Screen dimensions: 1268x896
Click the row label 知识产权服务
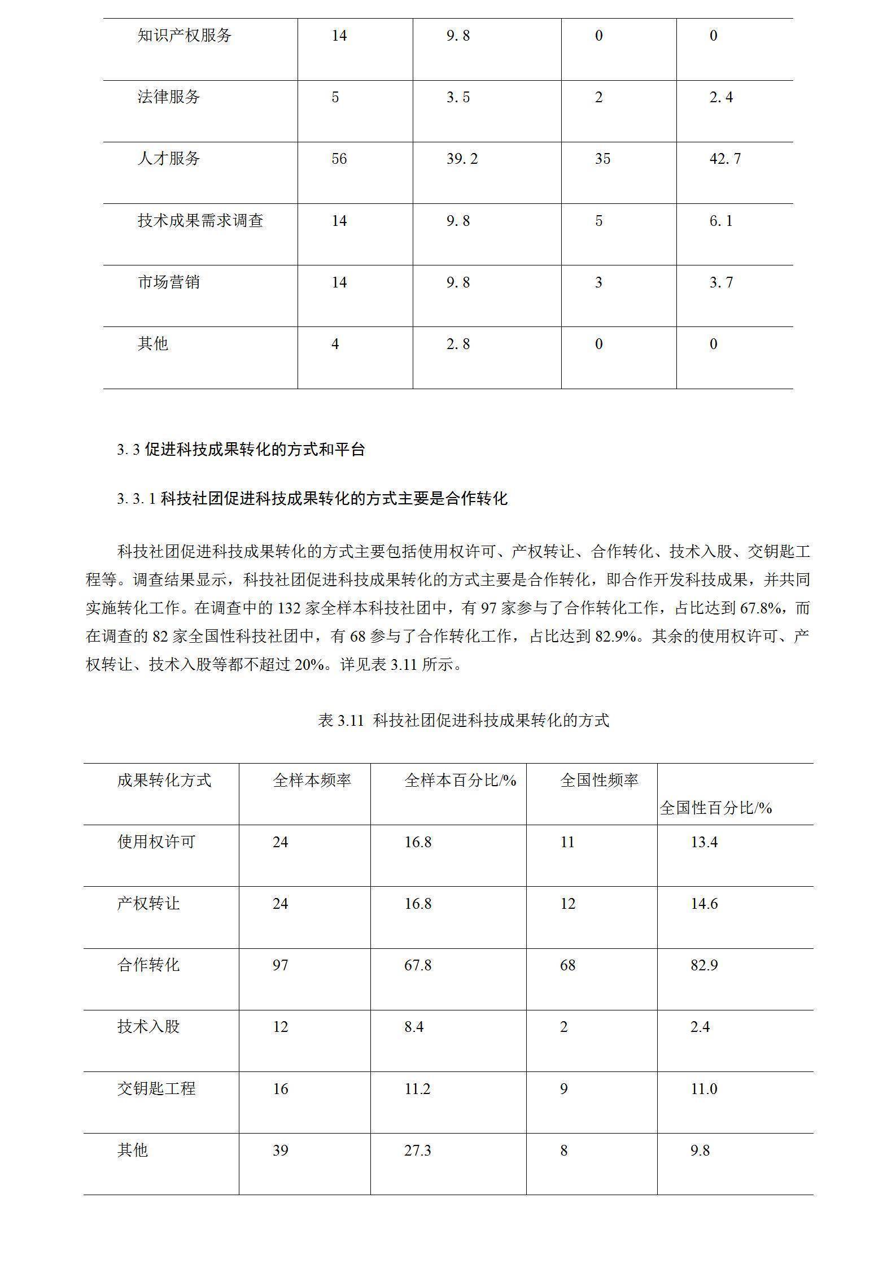(185, 36)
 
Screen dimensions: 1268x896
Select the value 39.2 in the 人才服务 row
(462, 159)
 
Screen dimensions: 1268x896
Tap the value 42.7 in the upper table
(725, 159)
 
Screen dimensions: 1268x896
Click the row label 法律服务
(169, 97)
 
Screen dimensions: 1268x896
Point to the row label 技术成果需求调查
(200, 220)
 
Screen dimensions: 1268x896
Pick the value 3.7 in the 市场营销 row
(721, 282)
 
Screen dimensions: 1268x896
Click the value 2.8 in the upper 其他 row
(458, 344)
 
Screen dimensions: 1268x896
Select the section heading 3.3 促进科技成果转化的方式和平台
(241, 450)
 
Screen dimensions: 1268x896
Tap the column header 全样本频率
(312, 780)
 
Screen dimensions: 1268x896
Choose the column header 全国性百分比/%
(715, 808)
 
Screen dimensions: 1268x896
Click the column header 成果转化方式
(164, 780)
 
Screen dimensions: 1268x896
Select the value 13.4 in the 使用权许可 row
(704, 842)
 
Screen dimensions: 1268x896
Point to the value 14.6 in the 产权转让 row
(704, 904)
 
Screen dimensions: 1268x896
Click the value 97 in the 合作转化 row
(281, 965)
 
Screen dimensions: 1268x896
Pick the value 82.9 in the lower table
(704, 965)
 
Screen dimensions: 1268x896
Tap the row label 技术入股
(148, 1027)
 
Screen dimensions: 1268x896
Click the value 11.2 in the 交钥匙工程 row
(417, 1089)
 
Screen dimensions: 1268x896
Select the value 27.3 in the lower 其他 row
(417, 1151)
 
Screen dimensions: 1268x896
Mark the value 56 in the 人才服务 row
(339, 159)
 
